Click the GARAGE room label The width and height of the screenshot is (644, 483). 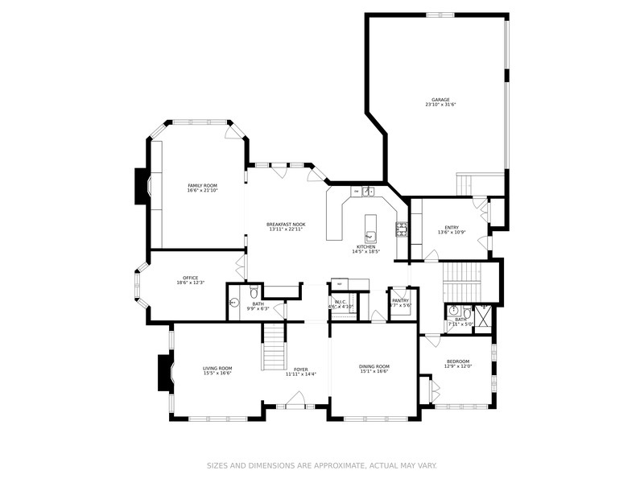[440, 100]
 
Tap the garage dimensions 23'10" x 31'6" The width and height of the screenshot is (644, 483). [440, 105]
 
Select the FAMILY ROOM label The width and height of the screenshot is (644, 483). [202, 185]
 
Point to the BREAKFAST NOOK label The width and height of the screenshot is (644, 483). [286, 225]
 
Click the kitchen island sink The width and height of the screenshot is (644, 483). [371, 236]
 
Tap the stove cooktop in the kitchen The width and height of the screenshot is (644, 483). [400, 230]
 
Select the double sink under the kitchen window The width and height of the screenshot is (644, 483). [367, 192]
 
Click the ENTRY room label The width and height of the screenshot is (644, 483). [452, 228]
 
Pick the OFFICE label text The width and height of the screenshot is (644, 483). [190, 278]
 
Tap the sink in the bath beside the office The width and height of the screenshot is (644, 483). [234, 303]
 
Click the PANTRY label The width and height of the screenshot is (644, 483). [400, 300]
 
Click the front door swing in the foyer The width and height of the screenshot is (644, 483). [295, 398]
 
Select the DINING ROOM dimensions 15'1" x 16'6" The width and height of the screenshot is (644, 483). [374, 371]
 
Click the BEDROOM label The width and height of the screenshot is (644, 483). [457, 361]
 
